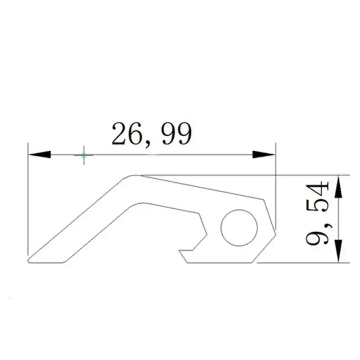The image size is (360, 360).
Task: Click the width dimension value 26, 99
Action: (152, 134)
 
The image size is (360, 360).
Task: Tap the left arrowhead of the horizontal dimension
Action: (40, 154)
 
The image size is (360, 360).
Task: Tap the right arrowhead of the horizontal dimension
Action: (264, 154)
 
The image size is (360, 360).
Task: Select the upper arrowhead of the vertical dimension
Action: (339, 186)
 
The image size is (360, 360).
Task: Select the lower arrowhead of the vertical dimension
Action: (339, 251)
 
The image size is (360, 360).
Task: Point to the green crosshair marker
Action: (84, 155)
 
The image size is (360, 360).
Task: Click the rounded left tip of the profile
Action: (28, 261)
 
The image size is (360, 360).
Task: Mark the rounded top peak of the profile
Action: (134, 175)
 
